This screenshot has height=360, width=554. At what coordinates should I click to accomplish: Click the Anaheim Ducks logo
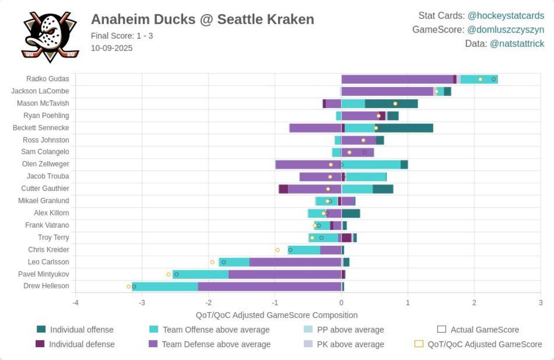[50, 37]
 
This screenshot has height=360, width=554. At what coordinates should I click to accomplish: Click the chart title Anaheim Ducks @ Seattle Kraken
[202, 19]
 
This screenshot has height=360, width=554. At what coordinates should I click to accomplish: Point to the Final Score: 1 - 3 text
[122, 36]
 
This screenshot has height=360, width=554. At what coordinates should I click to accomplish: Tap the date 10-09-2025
[111, 48]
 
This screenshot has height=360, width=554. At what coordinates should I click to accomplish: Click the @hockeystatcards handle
[506, 16]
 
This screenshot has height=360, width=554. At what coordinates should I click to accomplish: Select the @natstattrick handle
[517, 44]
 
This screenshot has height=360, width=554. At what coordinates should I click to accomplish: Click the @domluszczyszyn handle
[506, 30]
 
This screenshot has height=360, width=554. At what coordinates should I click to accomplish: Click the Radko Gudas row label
[47, 79]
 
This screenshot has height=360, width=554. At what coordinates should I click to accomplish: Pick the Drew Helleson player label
[46, 286]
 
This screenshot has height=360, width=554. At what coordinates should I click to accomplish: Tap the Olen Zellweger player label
[45, 164]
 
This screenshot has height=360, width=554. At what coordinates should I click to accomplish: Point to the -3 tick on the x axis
[142, 303]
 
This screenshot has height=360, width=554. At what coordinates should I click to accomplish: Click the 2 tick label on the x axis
[474, 303]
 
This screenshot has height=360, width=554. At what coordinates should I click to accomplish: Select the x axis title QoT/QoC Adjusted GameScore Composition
[277, 315]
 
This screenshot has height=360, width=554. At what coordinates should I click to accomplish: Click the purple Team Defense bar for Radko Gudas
[397, 79]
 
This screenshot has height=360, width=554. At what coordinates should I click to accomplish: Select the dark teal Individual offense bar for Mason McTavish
[391, 104]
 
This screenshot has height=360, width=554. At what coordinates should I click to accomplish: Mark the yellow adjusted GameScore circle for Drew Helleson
[129, 286]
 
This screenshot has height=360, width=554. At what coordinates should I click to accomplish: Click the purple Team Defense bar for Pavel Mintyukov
[285, 275]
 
